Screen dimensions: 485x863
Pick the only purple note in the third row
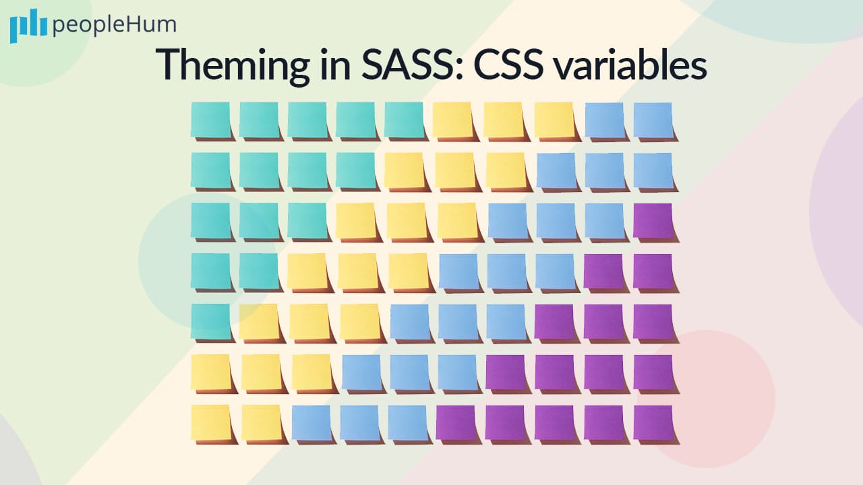point(653,220)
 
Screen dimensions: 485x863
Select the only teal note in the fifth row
point(210,321)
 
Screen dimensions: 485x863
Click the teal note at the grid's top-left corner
point(210,120)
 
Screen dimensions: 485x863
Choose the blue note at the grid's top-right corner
point(653,120)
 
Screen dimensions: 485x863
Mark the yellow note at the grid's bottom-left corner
point(210,422)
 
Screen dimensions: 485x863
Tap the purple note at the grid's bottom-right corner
point(653,422)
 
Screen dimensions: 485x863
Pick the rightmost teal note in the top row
point(404,120)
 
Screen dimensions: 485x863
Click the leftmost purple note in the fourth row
point(603,271)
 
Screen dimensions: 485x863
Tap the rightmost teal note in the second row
point(356,170)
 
